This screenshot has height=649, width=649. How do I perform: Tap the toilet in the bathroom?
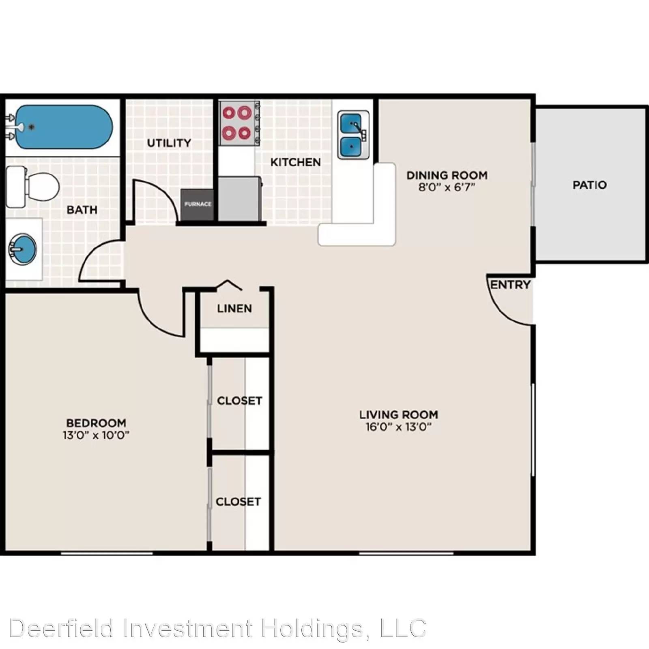click(x=32, y=187)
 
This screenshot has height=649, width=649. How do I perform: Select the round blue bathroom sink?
click(x=23, y=249)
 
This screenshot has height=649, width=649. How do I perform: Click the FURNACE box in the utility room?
click(x=198, y=205)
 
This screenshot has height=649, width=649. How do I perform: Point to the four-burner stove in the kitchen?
click(x=239, y=123)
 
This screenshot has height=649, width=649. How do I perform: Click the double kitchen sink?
click(x=353, y=135)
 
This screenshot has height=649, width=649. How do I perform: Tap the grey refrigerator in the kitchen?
click(x=240, y=199)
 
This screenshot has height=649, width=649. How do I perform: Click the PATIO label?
click(x=590, y=185)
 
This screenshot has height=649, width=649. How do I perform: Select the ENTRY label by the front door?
click(x=510, y=285)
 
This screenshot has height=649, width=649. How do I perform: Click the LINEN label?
click(x=234, y=309)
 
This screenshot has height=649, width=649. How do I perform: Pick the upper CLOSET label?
click(x=239, y=401)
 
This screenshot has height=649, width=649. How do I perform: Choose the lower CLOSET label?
click(x=238, y=502)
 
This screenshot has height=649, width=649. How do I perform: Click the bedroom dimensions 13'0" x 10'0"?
click(x=96, y=435)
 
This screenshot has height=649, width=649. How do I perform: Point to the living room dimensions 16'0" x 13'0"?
click(x=398, y=427)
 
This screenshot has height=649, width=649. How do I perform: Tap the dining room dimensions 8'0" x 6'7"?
click(x=447, y=187)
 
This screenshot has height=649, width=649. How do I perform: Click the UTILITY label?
click(x=169, y=143)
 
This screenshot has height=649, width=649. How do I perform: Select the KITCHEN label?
click(x=296, y=162)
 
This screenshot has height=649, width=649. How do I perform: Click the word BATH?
click(x=82, y=210)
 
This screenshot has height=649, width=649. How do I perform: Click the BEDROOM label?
click(x=96, y=423)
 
